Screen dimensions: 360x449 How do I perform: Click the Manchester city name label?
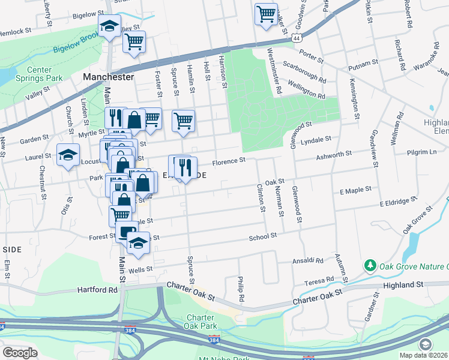[x=108, y=77]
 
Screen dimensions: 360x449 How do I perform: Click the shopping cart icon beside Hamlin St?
[x=184, y=120]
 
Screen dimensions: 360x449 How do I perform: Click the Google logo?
[x=20, y=353]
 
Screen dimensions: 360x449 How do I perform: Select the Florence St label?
[x=230, y=160]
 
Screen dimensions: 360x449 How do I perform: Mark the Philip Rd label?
[x=241, y=289]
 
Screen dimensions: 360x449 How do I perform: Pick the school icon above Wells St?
[x=138, y=242]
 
